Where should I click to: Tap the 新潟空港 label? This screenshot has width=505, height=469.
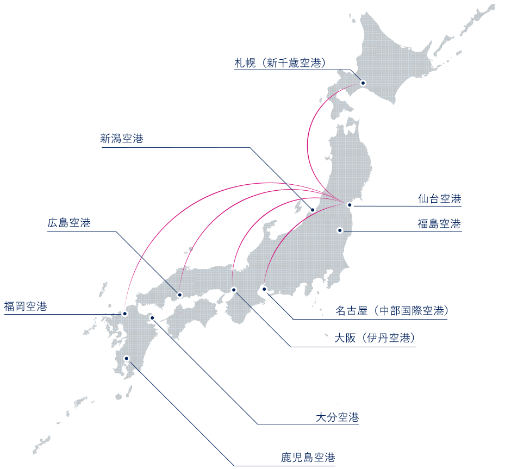click(122, 139)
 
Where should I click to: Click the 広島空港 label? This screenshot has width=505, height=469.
click(68, 223)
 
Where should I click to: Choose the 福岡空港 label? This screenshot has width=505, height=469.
click(26, 307)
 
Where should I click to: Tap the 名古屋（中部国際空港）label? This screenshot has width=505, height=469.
click(391, 311)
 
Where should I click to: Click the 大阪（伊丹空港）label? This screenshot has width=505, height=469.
click(375, 339)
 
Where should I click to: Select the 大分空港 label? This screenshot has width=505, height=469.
click(338, 417)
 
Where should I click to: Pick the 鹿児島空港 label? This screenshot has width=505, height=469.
click(308, 458)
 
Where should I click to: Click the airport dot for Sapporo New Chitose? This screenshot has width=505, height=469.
click(363, 84)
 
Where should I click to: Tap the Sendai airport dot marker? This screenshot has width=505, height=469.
click(350, 205)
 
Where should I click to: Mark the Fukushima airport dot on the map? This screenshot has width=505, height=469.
click(340, 230)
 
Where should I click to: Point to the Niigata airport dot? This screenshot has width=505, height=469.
click(313, 210)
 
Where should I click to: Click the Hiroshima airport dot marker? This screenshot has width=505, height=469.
click(180, 295)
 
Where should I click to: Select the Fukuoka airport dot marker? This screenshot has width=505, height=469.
click(125, 314)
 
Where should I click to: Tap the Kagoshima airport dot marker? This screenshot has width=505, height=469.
click(127, 358)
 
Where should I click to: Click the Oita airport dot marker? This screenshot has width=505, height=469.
click(152, 318)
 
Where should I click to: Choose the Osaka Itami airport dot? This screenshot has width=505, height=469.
click(234, 289)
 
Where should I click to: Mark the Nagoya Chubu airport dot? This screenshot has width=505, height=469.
click(264, 289)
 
